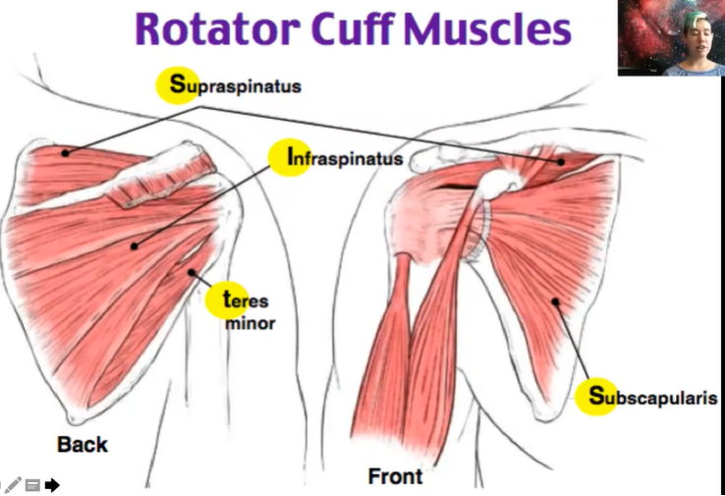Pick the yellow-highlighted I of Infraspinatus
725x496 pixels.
click(291, 157)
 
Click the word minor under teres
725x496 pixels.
click(251, 322)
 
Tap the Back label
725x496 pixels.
click(83, 444)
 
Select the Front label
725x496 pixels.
click(395, 477)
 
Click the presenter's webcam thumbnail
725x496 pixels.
click(671, 37)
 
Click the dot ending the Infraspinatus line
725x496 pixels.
click(135, 245)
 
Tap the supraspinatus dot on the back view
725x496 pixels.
click(66, 153)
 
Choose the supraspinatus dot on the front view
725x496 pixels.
click(561, 161)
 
